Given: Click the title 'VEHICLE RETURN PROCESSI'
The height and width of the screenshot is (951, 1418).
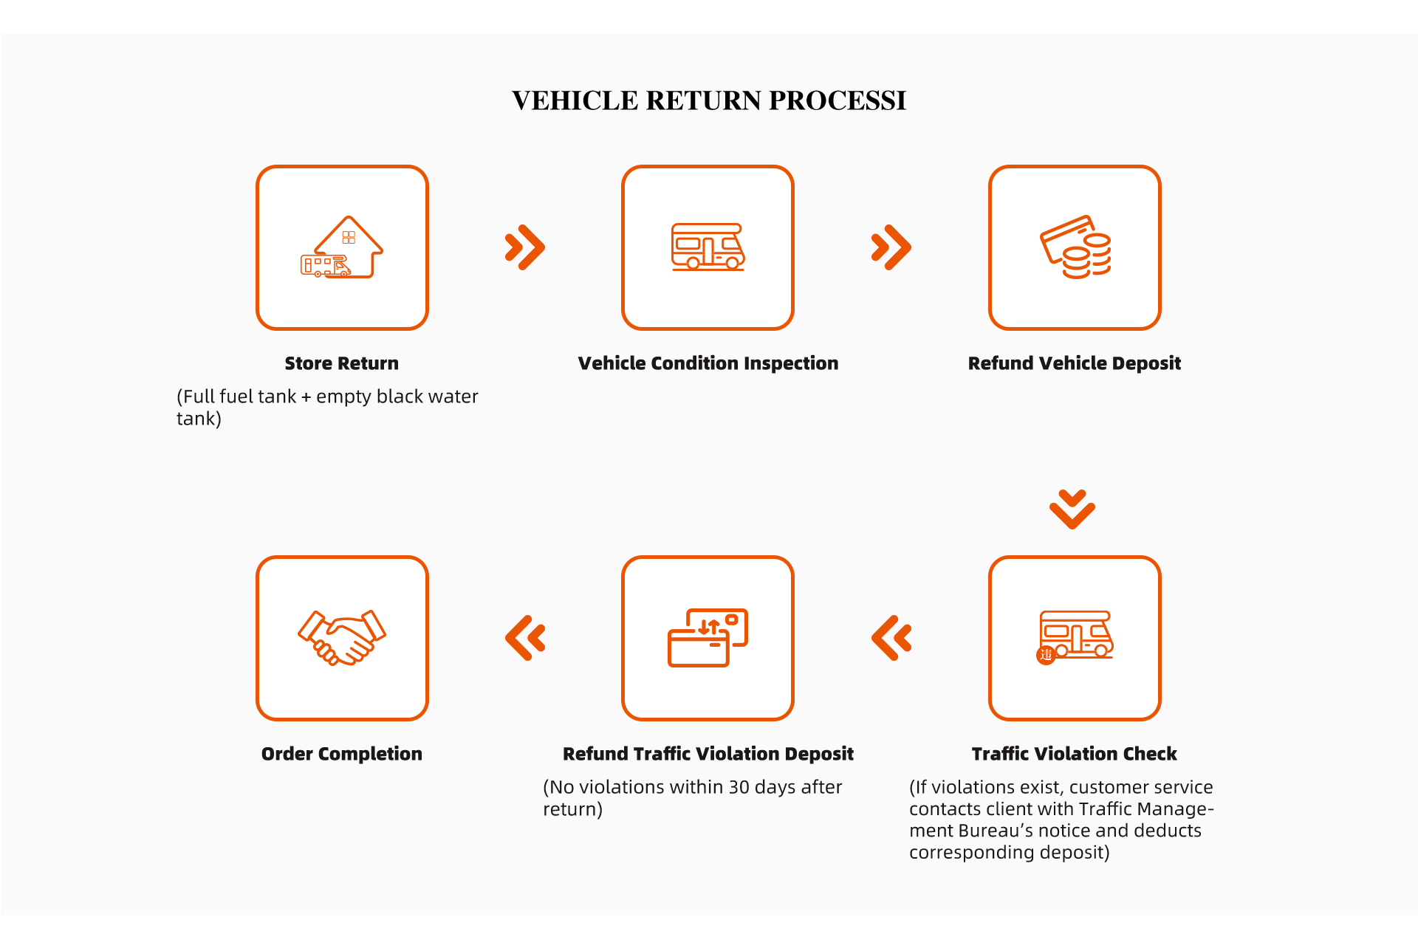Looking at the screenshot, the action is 709,100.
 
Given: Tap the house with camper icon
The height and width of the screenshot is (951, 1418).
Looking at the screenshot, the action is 342,247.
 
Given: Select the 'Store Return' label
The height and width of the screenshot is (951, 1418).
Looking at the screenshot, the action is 342,363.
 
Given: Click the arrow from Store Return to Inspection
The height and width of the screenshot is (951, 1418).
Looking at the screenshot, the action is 525,247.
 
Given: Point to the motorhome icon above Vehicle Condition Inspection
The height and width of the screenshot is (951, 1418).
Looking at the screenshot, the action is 708,247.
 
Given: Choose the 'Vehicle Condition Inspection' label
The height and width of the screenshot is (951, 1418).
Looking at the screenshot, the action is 708,363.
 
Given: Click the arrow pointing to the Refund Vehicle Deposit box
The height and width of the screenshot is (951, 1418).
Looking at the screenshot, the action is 891,247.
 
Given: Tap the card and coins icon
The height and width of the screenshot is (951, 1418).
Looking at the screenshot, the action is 1075,247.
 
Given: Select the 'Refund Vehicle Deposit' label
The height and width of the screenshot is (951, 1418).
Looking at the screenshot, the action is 1075,363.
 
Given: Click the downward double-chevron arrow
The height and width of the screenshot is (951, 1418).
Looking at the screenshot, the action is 1072,509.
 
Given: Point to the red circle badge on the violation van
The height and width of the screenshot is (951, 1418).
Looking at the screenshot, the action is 1046,655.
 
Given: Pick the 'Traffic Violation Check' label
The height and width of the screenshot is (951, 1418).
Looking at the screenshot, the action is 1075,754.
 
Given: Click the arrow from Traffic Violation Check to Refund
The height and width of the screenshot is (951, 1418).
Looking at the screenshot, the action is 891,638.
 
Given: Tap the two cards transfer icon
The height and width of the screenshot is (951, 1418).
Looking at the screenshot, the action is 708,638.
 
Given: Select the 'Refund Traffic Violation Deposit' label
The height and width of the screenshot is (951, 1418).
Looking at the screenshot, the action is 708,754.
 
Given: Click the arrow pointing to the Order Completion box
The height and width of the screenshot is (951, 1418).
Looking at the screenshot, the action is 525,638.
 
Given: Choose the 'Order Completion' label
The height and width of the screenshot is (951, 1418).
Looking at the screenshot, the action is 342,754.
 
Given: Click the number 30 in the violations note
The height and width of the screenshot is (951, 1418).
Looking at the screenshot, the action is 740,787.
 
